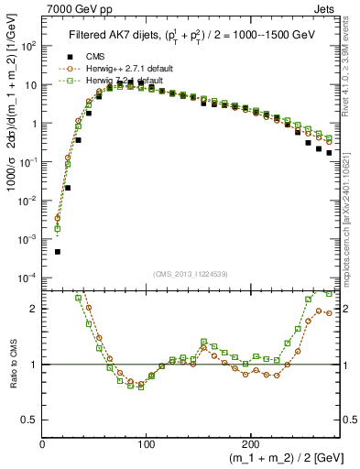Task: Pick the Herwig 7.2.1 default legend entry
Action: (125, 81)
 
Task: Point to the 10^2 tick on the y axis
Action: (29, 46)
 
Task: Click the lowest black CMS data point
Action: (58, 251)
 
